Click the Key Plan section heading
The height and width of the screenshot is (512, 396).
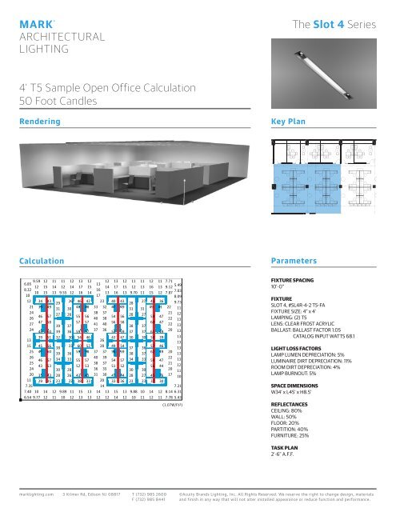pos(290,122)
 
